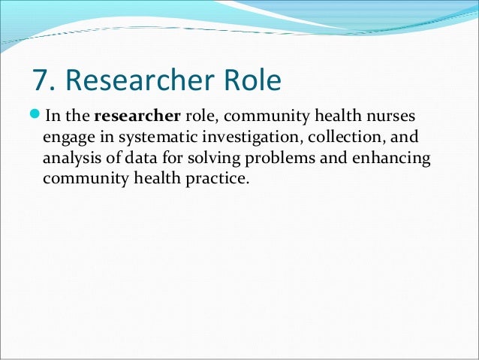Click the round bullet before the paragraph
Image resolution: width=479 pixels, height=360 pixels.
[37, 117]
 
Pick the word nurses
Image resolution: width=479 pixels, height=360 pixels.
[390, 117]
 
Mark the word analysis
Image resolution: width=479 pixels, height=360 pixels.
[71, 159]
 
